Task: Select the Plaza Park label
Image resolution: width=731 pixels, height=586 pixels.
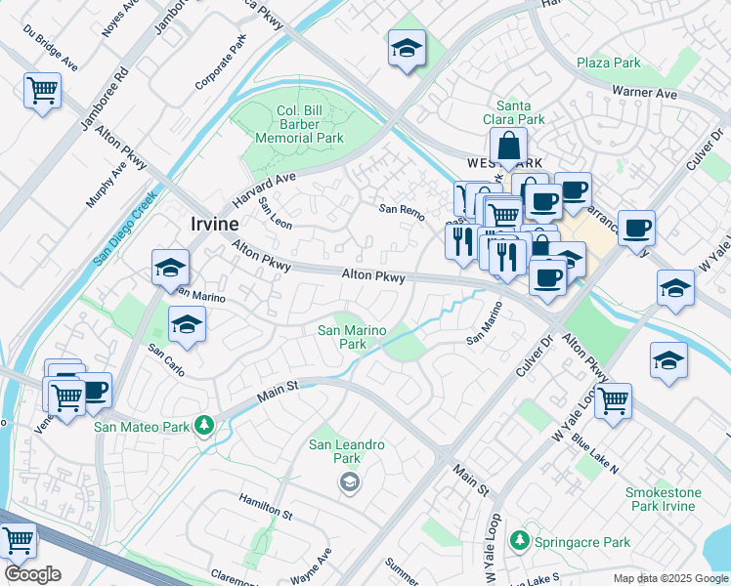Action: click(608, 63)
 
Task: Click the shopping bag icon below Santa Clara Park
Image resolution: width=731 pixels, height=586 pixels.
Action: click(509, 147)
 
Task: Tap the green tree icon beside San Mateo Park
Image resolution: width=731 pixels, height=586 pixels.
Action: click(204, 425)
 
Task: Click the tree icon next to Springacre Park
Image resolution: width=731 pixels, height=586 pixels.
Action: click(519, 540)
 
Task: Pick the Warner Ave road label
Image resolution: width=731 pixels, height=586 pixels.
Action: click(644, 94)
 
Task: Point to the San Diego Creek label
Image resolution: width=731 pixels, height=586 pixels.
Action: click(125, 228)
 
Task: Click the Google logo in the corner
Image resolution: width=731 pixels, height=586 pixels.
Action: click(31, 574)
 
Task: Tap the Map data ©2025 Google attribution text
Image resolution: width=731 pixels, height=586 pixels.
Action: click(669, 578)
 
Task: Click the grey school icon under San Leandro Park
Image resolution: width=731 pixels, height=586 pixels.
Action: click(348, 482)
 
